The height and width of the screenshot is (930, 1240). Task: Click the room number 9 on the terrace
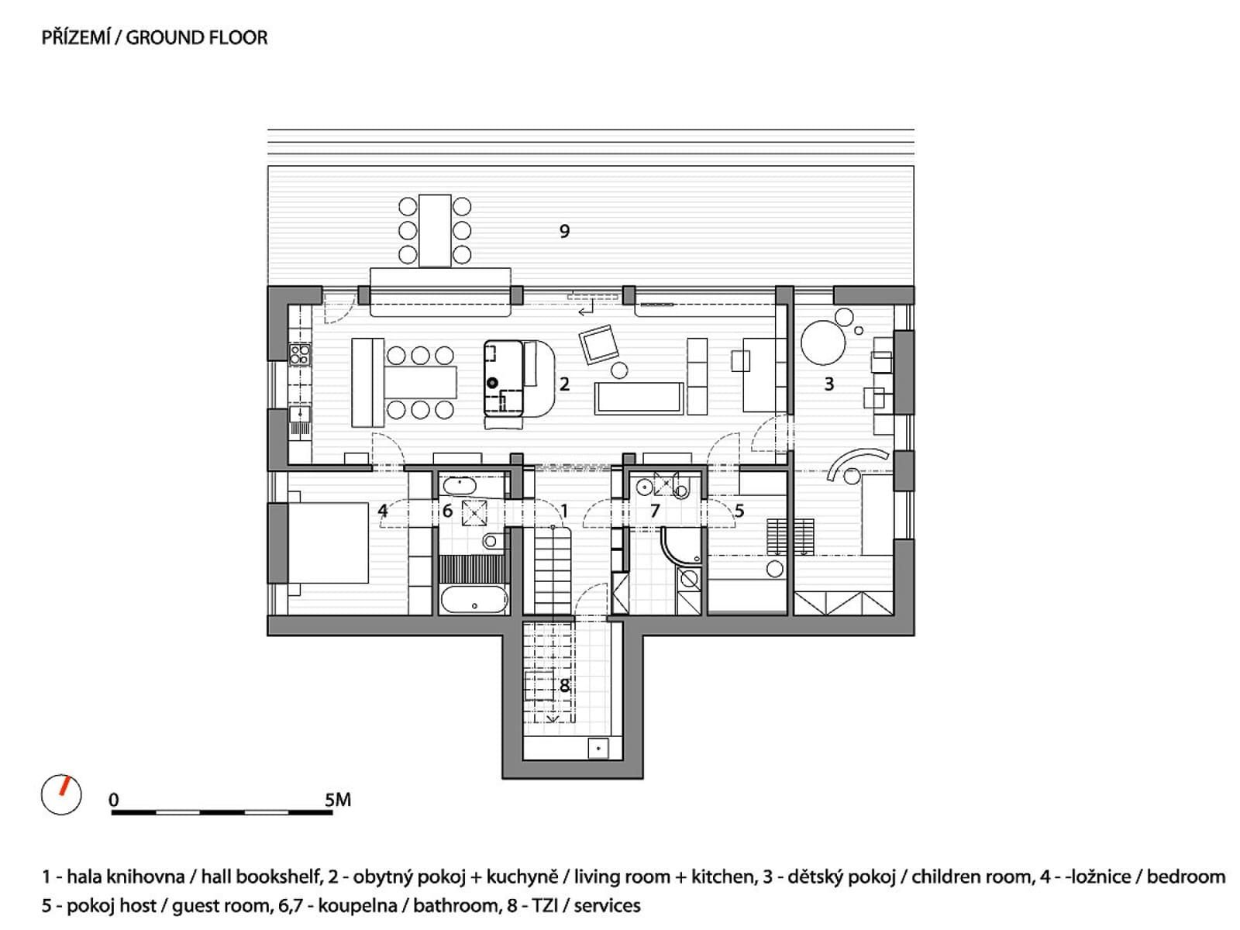click(563, 230)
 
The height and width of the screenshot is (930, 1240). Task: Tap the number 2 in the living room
click(563, 384)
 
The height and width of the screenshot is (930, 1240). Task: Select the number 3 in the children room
click(828, 384)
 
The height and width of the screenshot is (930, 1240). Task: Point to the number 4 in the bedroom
click(382, 511)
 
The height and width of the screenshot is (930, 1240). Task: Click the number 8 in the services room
click(563, 686)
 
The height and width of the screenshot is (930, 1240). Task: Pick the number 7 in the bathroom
click(654, 511)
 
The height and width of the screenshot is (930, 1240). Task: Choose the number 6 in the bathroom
click(447, 511)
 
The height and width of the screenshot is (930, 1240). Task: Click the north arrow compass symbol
click(61, 794)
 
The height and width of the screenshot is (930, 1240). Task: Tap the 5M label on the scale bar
click(337, 800)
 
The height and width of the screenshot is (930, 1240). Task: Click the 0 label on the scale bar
click(114, 800)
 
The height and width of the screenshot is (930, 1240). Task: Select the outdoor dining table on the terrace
click(435, 230)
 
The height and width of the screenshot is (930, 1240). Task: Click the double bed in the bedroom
click(328, 542)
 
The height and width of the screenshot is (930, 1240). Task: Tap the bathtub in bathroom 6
click(474, 599)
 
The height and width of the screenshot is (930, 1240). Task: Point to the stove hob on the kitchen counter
click(299, 355)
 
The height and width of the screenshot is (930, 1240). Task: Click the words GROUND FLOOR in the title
click(197, 38)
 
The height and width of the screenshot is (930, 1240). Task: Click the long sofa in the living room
click(639, 398)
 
